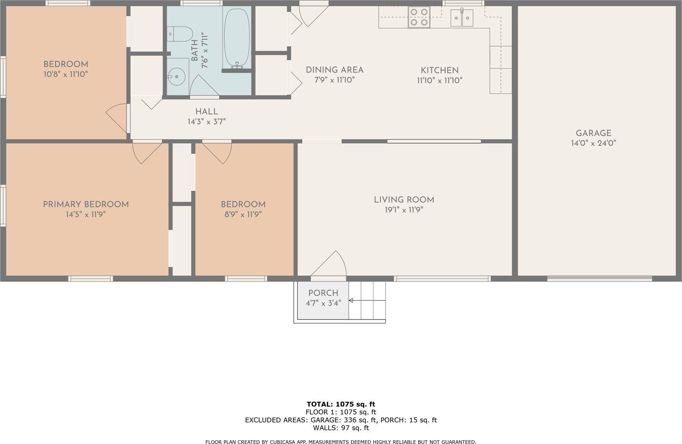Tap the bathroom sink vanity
[177, 77]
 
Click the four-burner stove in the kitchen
[419, 17]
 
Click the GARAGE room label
[593, 133]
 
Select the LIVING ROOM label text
[404, 200]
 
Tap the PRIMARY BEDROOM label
[86, 204]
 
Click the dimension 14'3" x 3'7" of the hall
[207, 122]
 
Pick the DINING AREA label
[335, 70]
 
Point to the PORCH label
[323, 293]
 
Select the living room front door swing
[330, 264]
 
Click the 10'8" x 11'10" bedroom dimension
[66, 74]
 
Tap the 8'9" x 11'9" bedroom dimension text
[243, 215]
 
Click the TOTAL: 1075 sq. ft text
[341, 404]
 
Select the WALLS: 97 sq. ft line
[341, 428]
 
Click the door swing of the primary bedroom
[146, 152]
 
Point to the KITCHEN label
[439, 70]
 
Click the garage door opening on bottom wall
[599, 279]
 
